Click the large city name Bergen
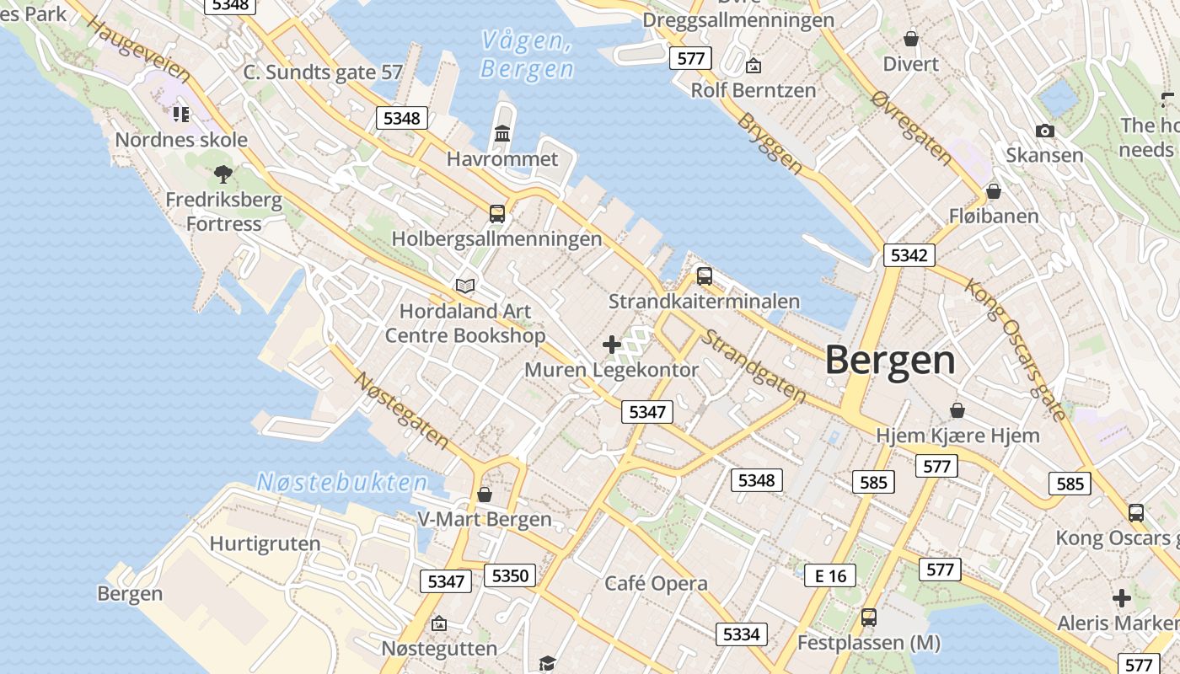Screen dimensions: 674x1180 890,361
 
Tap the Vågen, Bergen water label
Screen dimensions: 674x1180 527,54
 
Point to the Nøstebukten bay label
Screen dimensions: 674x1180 342,483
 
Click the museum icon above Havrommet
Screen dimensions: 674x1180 503,133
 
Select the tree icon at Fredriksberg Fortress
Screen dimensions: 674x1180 223,174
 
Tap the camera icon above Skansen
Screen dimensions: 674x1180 1045,131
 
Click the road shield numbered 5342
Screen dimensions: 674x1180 909,255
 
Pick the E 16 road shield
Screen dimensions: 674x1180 829,575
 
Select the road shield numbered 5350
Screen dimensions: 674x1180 510,576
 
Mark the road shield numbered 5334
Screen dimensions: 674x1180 742,634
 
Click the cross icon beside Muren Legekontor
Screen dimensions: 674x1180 612,344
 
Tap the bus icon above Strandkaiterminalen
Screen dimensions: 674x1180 705,275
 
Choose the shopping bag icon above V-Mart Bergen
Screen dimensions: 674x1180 485,494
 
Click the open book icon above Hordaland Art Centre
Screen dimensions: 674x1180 465,286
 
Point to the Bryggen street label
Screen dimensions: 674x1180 770,144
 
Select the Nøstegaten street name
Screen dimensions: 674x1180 401,410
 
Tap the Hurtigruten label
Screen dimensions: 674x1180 265,543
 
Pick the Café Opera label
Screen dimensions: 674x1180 656,584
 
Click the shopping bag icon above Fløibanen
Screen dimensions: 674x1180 994,191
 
